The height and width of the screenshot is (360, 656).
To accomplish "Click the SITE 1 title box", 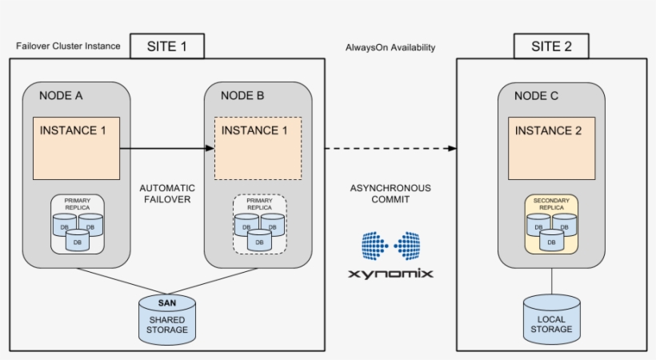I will pyautogui.click(x=167, y=46).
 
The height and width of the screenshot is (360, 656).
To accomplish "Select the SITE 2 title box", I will pyautogui.click(x=551, y=46).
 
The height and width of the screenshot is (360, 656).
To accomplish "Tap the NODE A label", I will pyautogui.click(x=61, y=95).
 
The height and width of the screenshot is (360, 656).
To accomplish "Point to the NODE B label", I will pyautogui.click(x=242, y=95).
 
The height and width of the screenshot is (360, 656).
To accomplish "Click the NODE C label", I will pyautogui.click(x=536, y=95).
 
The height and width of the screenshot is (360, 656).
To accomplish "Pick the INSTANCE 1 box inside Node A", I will pyautogui.click(x=76, y=148).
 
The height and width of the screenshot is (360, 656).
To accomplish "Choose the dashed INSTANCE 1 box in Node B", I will pyautogui.click(x=258, y=148).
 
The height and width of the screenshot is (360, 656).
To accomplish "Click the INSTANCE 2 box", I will pyautogui.click(x=551, y=148).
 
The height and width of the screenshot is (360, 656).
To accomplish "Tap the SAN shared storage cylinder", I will pyautogui.click(x=167, y=318).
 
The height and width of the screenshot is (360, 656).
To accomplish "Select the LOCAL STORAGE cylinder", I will pyautogui.click(x=551, y=318).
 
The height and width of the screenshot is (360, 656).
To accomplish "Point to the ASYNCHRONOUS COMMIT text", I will pyautogui.click(x=390, y=194).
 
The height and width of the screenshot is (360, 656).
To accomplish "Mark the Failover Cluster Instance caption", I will pyautogui.click(x=68, y=46).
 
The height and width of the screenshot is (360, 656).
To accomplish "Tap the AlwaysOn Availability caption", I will pyautogui.click(x=390, y=47).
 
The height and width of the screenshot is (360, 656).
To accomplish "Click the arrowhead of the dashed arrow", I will pyautogui.click(x=452, y=149).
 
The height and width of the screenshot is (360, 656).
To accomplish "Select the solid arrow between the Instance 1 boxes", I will pyautogui.click(x=166, y=148).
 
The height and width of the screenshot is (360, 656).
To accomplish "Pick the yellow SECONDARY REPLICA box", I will pyautogui.click(x=550, y=225).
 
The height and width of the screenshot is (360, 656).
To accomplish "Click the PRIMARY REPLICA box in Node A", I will pyautogui.click(x=78, y=225).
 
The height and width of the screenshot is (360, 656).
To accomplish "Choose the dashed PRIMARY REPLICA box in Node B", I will pyautogui.click(x=259, y=225).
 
